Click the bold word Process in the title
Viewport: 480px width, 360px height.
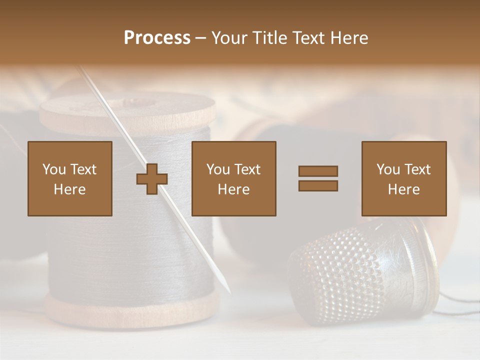click(x=157, y=38)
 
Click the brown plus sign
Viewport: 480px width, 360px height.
click(x=152, y=179)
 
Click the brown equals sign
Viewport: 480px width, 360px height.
click(x=318, y=178)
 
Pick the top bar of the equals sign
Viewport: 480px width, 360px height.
click(x=318, y=171)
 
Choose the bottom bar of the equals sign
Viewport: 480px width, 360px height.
click(x=318, y=186)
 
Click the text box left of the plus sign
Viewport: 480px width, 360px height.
click(x=70, y=178)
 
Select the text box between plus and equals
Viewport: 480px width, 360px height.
click(x=233, y=178)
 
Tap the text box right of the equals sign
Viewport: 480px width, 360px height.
click(x=404, y=178)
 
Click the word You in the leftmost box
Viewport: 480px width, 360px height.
click(x=53, y=169)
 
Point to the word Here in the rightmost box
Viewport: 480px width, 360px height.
click(x=404, y=189)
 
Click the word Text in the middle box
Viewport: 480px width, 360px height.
click(x=247, y=169)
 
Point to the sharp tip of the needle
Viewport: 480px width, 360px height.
click(x=229, y=291)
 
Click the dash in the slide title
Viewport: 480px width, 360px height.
click(x=200, y=38)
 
